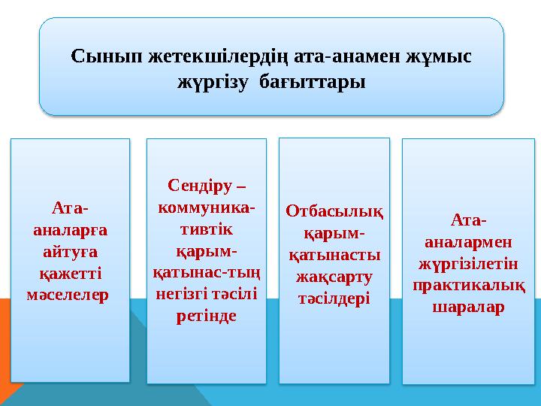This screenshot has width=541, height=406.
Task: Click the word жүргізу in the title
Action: pyautogui.click(x=213, y=80)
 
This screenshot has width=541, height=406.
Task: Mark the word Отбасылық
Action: pyautogui.click(x=334, y=211)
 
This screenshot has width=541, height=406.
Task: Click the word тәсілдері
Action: pyautogui.click(x=334, y=298)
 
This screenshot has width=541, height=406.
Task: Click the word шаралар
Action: pyautogui.click(x=467, y=308)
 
